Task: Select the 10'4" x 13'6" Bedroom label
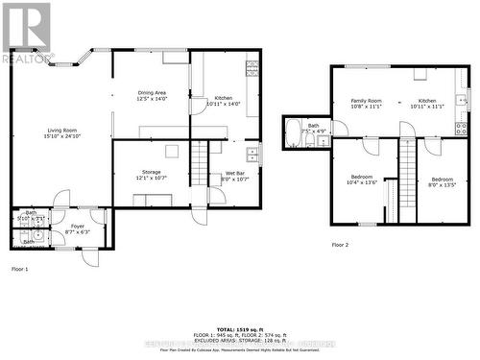[361, 179]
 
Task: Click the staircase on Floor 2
[407, 169]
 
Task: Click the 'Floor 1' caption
[19, 269]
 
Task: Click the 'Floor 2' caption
[341, 245]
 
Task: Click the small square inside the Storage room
[172, 151]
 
